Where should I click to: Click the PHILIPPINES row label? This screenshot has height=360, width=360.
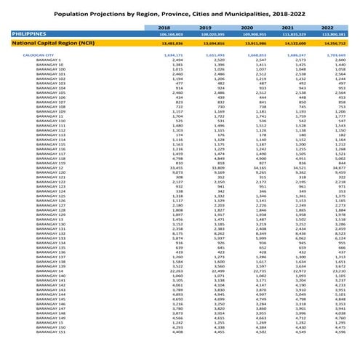coord(23,33)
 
